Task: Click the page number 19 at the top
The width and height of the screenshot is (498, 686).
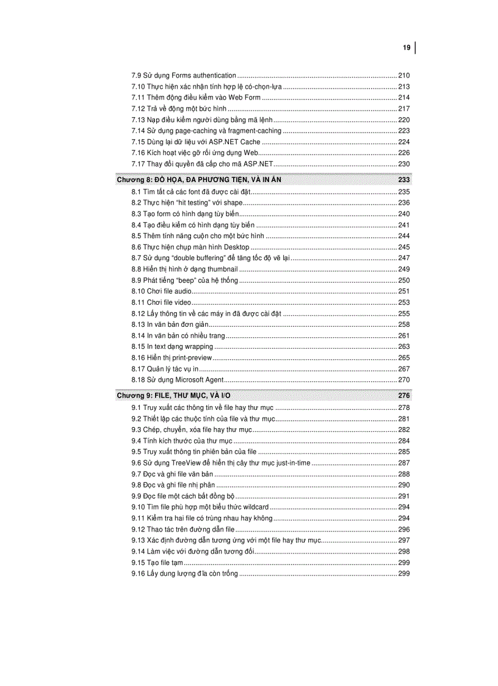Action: pos(406,48)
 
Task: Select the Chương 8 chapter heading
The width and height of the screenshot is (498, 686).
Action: pos(199,180)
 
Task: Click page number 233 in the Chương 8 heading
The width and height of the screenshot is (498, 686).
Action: pos(403,180)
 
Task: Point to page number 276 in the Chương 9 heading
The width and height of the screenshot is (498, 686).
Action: pos(403,396)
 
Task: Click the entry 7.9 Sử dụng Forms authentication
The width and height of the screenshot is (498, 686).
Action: pos(184,75)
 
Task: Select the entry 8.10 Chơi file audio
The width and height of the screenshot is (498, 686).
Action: pos(161,291)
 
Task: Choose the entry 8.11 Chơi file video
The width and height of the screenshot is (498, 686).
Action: pos(161,302)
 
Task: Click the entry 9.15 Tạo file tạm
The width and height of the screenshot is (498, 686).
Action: pos(157,563)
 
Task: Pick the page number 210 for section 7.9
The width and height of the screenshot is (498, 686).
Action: pos(404,75)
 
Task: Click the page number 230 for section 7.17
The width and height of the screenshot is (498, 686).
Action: pos(404,164)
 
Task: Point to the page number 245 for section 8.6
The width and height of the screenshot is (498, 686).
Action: pos(404,247)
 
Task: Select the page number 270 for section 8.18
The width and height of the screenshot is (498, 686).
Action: pos(404,380)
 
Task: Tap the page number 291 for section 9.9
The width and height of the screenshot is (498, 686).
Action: pos(404,496)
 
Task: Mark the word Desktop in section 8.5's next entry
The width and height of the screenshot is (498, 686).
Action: pos(237,247)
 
